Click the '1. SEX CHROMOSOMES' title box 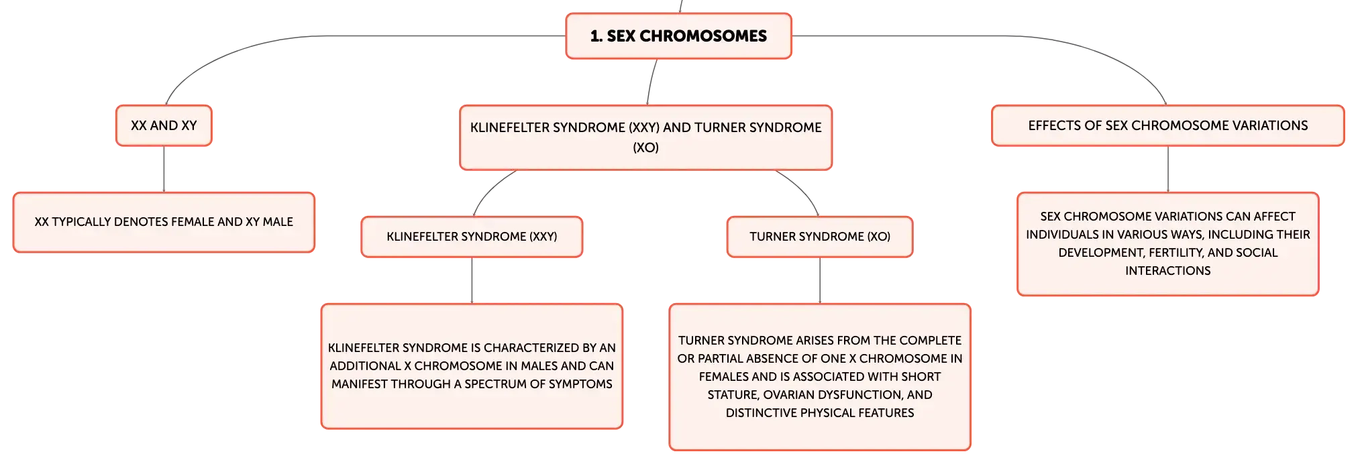pos(678,36)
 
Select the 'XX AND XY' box pos(164,125)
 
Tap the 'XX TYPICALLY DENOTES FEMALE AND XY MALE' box pos(164,222)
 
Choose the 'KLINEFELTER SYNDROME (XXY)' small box pos(472,237)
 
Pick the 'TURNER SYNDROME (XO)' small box pos(820,237)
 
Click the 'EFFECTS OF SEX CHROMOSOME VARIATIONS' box pos(1168,125)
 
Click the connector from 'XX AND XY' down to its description pos(164,170)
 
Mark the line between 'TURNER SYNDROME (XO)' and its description pos(820,281)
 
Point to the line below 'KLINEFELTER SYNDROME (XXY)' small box pos(472,281)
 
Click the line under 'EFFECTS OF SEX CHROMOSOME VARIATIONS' pos(1168,170)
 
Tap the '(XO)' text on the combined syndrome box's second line pos(645,148)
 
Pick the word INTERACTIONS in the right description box pos(1168,271)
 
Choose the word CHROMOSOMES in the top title pos(703,36)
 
